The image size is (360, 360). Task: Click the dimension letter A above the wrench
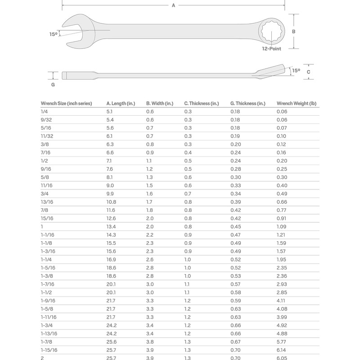tap(173, 5)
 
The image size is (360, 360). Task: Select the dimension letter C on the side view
tap(308, 72)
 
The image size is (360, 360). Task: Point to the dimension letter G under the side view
tap(53, 84)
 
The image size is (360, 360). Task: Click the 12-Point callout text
tap(272, 49)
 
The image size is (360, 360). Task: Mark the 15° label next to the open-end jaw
tap(54, 34)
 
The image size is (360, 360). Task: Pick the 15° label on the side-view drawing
tap(296, 71)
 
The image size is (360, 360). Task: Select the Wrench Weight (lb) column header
tap(296, 103)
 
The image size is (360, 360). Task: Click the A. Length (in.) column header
tap(120, 103)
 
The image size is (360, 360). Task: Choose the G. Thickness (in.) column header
tap(247, 103)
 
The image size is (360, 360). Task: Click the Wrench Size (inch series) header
tap(66, 103)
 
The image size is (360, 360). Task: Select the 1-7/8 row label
tap(47, 342)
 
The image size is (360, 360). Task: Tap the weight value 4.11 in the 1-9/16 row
tap(281, 300)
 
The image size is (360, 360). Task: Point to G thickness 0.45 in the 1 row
tap(235, 226)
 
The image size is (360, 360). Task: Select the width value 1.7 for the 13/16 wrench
tap(149, 202)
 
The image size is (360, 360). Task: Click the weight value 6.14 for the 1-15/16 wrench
tap(281, 350)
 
